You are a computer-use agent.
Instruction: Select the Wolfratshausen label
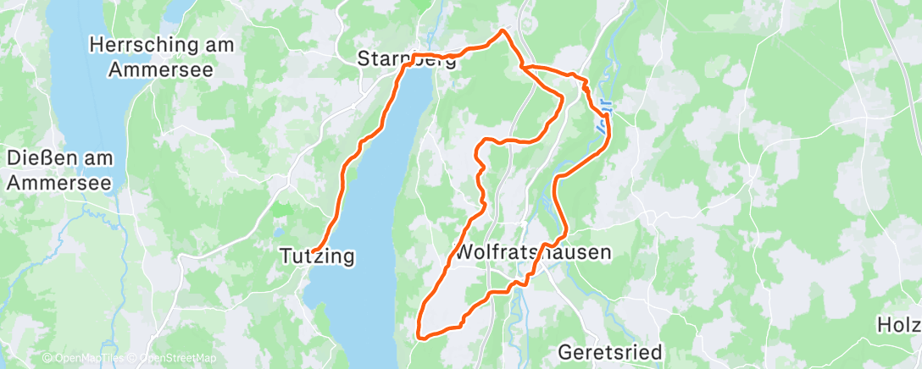(x=533, y=252)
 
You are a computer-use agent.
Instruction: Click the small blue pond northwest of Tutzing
(x=279, y=230)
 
